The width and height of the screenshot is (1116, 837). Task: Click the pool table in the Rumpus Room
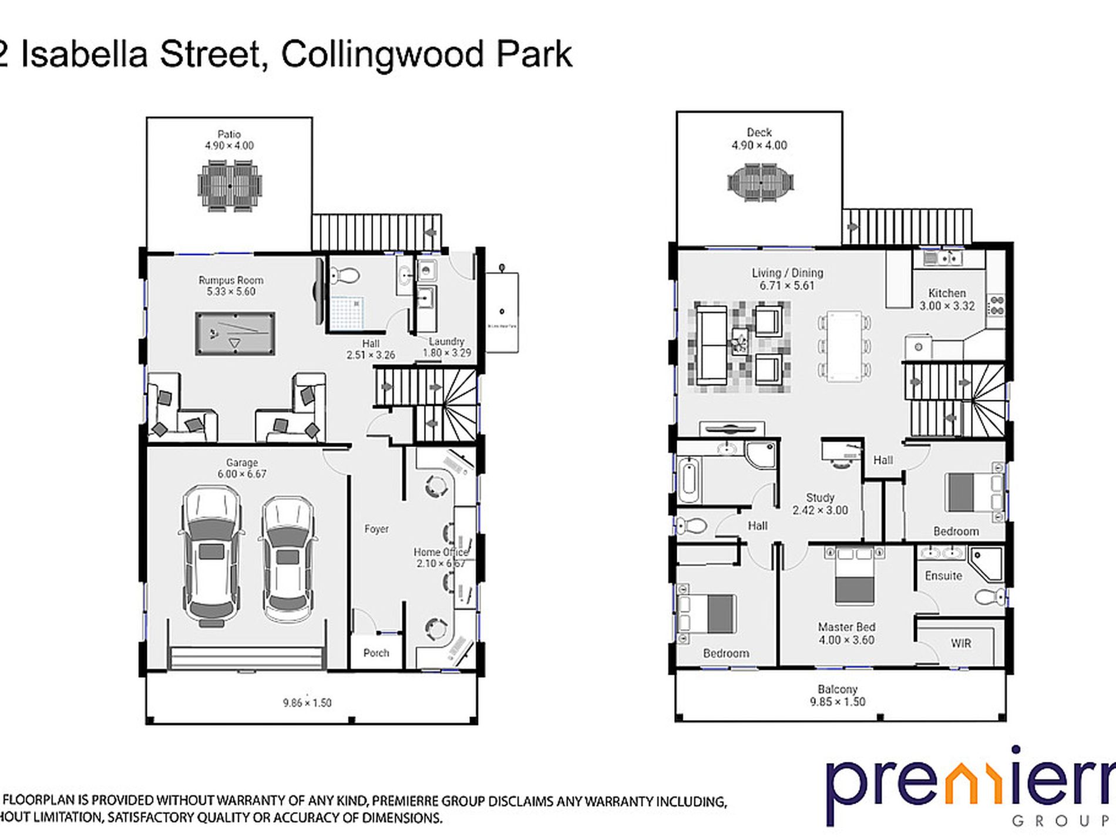235,334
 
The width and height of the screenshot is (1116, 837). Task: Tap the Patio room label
229,135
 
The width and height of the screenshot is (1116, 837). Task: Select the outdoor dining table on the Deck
760,182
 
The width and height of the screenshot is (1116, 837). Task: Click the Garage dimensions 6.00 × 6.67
242,474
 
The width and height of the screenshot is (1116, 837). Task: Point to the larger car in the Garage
211,555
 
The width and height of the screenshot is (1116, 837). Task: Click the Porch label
376,653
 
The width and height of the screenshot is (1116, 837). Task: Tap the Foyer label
376,529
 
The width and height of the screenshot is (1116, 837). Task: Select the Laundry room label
446,341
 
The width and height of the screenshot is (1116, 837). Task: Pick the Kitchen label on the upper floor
947,293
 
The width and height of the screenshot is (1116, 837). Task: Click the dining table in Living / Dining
844,347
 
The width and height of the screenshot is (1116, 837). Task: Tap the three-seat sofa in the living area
711,347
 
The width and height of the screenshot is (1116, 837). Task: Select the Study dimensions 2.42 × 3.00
820,510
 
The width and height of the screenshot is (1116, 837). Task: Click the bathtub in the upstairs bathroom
689,480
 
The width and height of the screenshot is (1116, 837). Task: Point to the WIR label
961,643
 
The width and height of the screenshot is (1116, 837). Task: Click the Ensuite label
943,576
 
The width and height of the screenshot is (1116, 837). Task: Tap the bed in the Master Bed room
855,579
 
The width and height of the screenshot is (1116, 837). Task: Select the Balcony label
838,689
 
